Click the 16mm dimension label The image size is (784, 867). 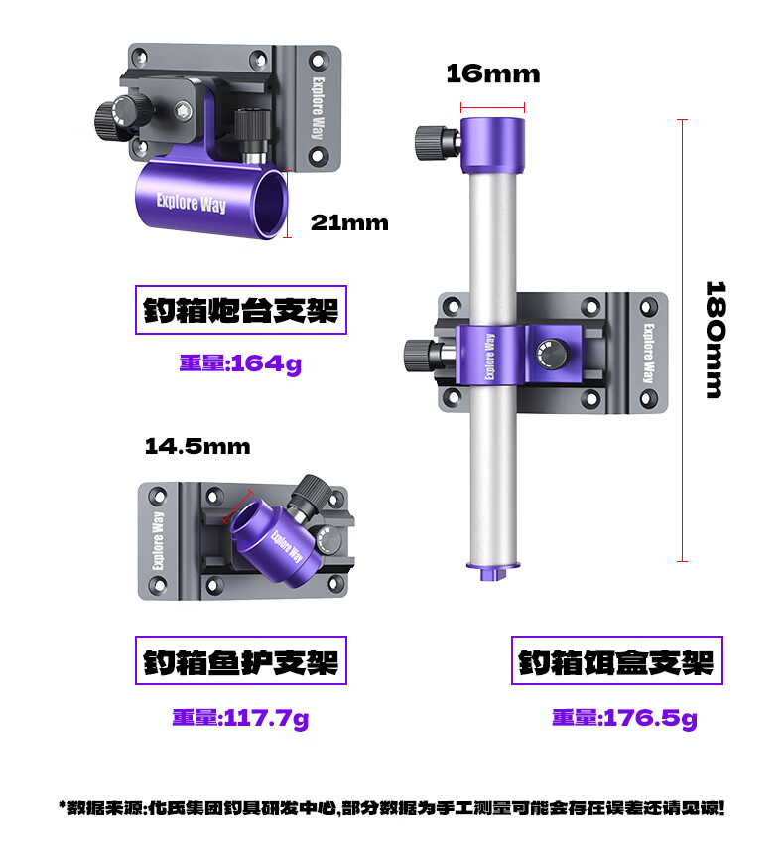[x=493, y=74]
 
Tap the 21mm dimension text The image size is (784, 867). [x=349, y=222]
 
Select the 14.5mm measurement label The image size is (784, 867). [x=197, y=446]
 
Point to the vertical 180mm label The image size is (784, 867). [x=715, y=340]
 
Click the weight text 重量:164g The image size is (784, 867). [x=240, y=364]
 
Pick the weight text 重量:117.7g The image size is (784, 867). [x=240, y=718]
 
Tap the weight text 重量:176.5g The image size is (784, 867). [x=624, y=718]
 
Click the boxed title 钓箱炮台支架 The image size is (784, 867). [x=241, y=310]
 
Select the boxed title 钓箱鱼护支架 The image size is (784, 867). [x=241, y=660]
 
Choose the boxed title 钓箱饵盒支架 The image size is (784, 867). [x=616, y=660]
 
